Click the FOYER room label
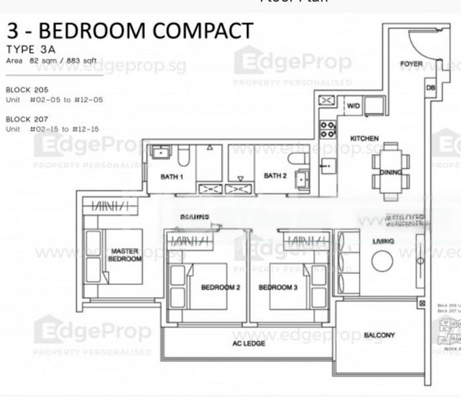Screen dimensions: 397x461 411,64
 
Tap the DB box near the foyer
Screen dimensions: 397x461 430,87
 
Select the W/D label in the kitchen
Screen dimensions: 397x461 353,105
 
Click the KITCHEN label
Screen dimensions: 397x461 364,138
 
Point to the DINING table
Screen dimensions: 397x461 390,171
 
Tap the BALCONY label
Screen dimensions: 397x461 380,335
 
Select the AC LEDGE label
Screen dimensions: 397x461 249,343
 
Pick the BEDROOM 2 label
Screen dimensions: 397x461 221,287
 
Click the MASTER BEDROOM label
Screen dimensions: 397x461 125,255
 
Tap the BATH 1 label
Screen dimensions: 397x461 172,177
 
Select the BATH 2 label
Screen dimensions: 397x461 274,175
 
